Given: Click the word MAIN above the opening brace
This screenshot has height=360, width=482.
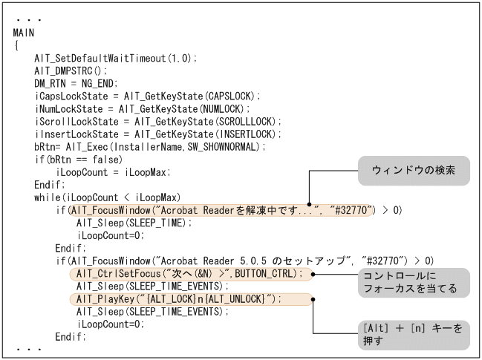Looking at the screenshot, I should [23, 34].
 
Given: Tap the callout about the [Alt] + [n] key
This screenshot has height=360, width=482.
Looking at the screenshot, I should [412, 334].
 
